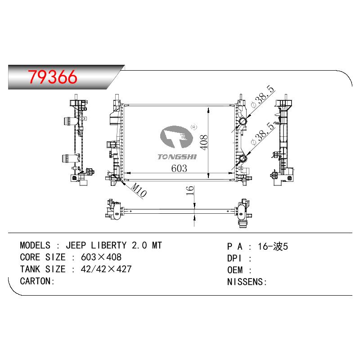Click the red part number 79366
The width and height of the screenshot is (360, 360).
53,76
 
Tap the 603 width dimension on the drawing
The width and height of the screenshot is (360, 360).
179,168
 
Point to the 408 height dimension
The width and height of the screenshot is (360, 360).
204,142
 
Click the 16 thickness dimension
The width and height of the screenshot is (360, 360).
189,190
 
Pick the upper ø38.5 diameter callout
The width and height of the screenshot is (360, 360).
263,96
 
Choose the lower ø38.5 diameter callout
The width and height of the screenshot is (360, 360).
263,134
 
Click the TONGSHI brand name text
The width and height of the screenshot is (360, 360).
177,157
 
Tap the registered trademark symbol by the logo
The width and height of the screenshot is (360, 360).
194,127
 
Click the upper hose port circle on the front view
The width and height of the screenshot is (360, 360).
243,121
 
